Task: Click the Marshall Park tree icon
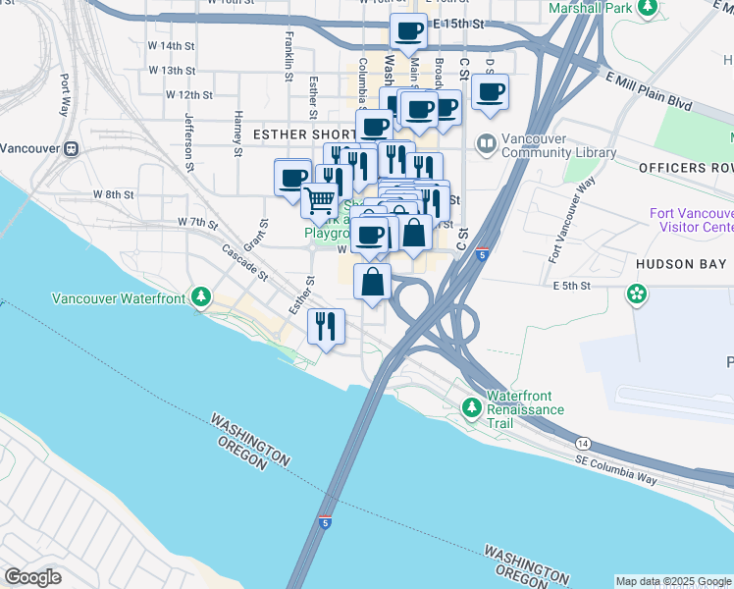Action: click(648, 9)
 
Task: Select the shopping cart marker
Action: click(319, 201)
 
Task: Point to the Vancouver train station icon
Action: click(71, 149)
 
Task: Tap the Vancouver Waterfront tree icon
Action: click(201, 295)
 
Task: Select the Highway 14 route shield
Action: click(583, 444)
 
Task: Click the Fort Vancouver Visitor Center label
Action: click(691, 221)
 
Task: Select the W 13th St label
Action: click(173, 71)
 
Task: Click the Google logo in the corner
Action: click(32, 577)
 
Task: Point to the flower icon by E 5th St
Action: click(638, 294)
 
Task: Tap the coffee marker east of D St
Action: click(490, 93)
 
